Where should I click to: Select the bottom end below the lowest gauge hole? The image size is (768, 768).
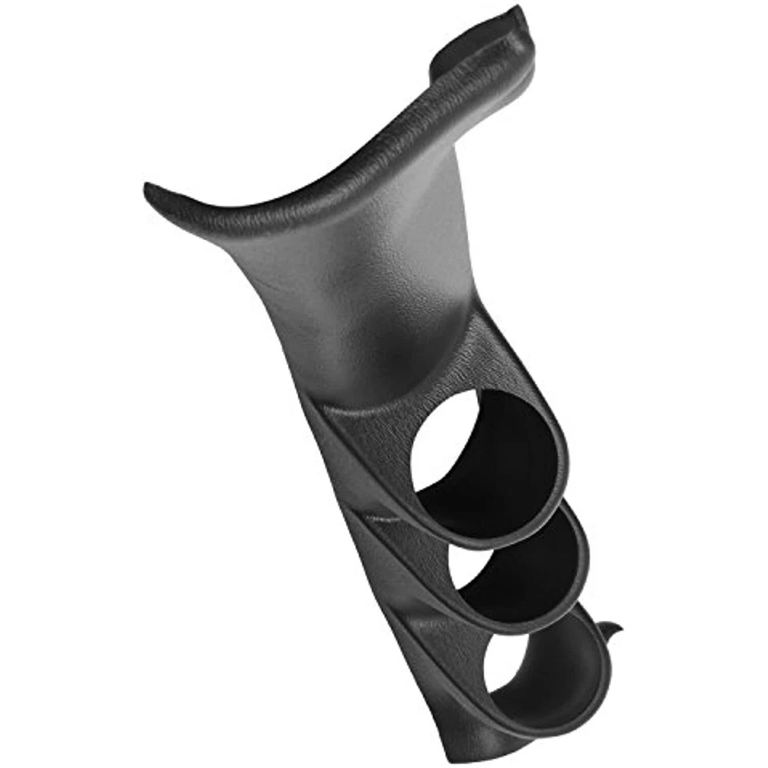(472, 748)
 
